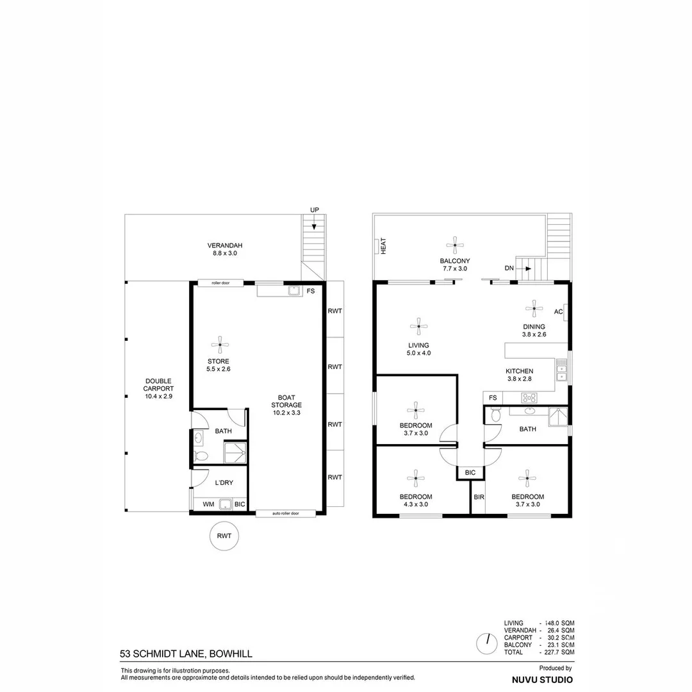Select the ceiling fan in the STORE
(220, 345)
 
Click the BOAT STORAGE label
(286, 405)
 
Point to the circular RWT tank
(224, 536)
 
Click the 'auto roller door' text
(285, 513)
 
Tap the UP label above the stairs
(314, 210)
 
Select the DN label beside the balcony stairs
(509, 268)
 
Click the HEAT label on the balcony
(383, 247)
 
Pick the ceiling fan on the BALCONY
(454, 243)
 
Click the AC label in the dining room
(558, 312)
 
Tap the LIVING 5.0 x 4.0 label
(418, 349)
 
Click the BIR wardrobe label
(478, 497)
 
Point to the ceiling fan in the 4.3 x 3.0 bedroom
(416, 477)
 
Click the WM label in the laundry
(208, 504)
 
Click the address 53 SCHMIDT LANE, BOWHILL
(186, 654)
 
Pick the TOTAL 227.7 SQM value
(558, 652)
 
